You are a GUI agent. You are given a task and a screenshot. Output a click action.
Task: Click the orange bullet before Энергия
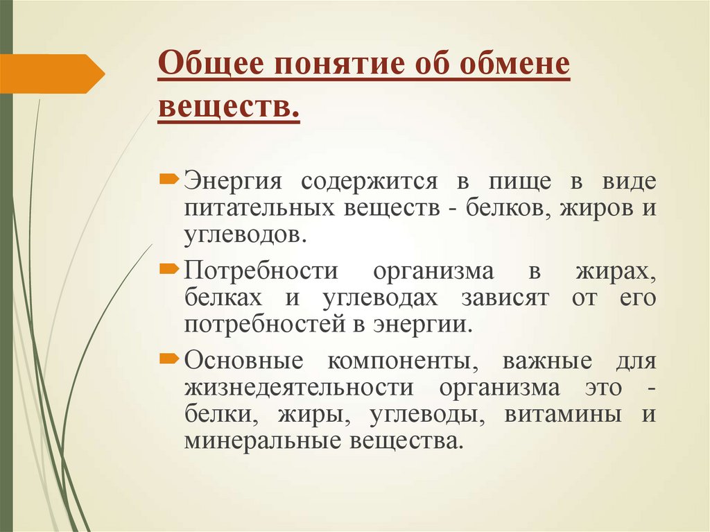(x=169, y=180)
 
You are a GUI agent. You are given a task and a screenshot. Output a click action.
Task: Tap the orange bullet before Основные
(x=169, y=359)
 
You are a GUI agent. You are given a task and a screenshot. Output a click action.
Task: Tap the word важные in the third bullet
(x=548, y=361)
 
